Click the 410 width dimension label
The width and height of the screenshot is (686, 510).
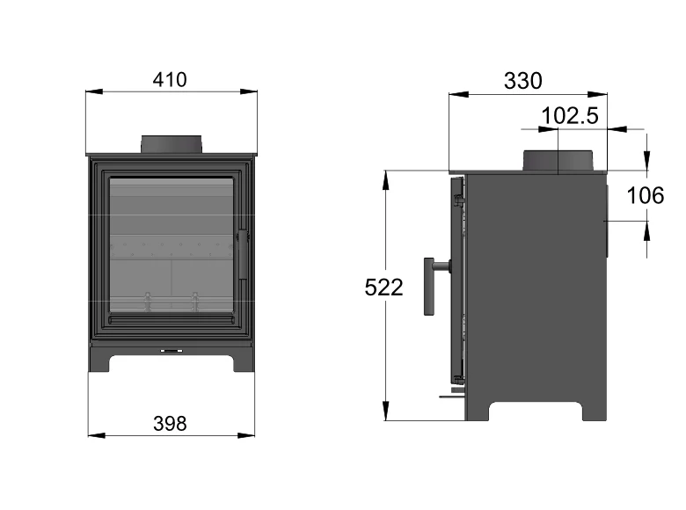(170, 79)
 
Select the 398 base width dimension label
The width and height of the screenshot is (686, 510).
(170, 423)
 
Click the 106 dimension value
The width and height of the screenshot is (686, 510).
(646, 195)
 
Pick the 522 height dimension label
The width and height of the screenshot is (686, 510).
(383, 287)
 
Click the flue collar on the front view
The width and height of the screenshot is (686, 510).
(172, 145)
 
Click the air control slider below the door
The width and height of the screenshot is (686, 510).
(171, 350)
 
